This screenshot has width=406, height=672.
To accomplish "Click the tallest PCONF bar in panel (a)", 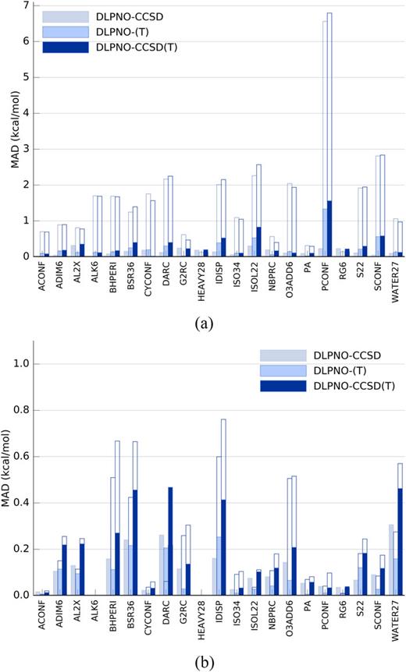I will (307, 133).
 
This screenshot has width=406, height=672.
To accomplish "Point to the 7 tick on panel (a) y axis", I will (25, 5).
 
